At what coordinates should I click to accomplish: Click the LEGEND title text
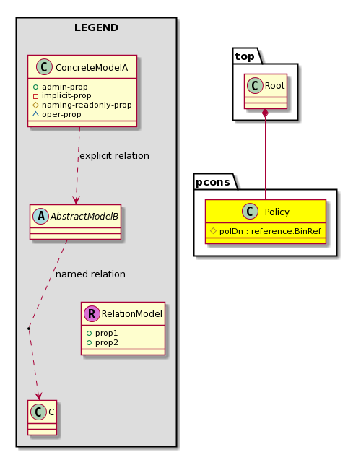(96, 27)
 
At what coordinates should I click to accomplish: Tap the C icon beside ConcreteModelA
(44, 67)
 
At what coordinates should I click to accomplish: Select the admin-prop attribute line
(60, 87)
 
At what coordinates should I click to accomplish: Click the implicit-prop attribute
(62, 96)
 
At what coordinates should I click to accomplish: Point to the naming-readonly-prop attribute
(82, 105)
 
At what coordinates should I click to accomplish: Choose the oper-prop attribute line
(56, 114)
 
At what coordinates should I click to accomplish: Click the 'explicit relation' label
(115, 156)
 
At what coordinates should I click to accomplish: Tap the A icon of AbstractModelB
(41, 216)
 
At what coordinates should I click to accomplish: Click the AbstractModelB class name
(84, 217)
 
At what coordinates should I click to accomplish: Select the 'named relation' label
(90, 274)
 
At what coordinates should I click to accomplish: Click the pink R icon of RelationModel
(92, 314)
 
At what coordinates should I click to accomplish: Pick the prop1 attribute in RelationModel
(103, 333)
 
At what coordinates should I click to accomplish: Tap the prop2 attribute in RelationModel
(103, 342)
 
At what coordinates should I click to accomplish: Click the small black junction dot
(28, 329)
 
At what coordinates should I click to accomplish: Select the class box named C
(42, 417)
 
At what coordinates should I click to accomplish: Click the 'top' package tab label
(245, 56)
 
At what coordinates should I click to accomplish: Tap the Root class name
(274, 86)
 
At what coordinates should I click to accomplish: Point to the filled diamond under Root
(265, 113)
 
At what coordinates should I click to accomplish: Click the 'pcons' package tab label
(213, 182)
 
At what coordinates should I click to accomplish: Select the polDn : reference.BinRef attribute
(266, 231)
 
